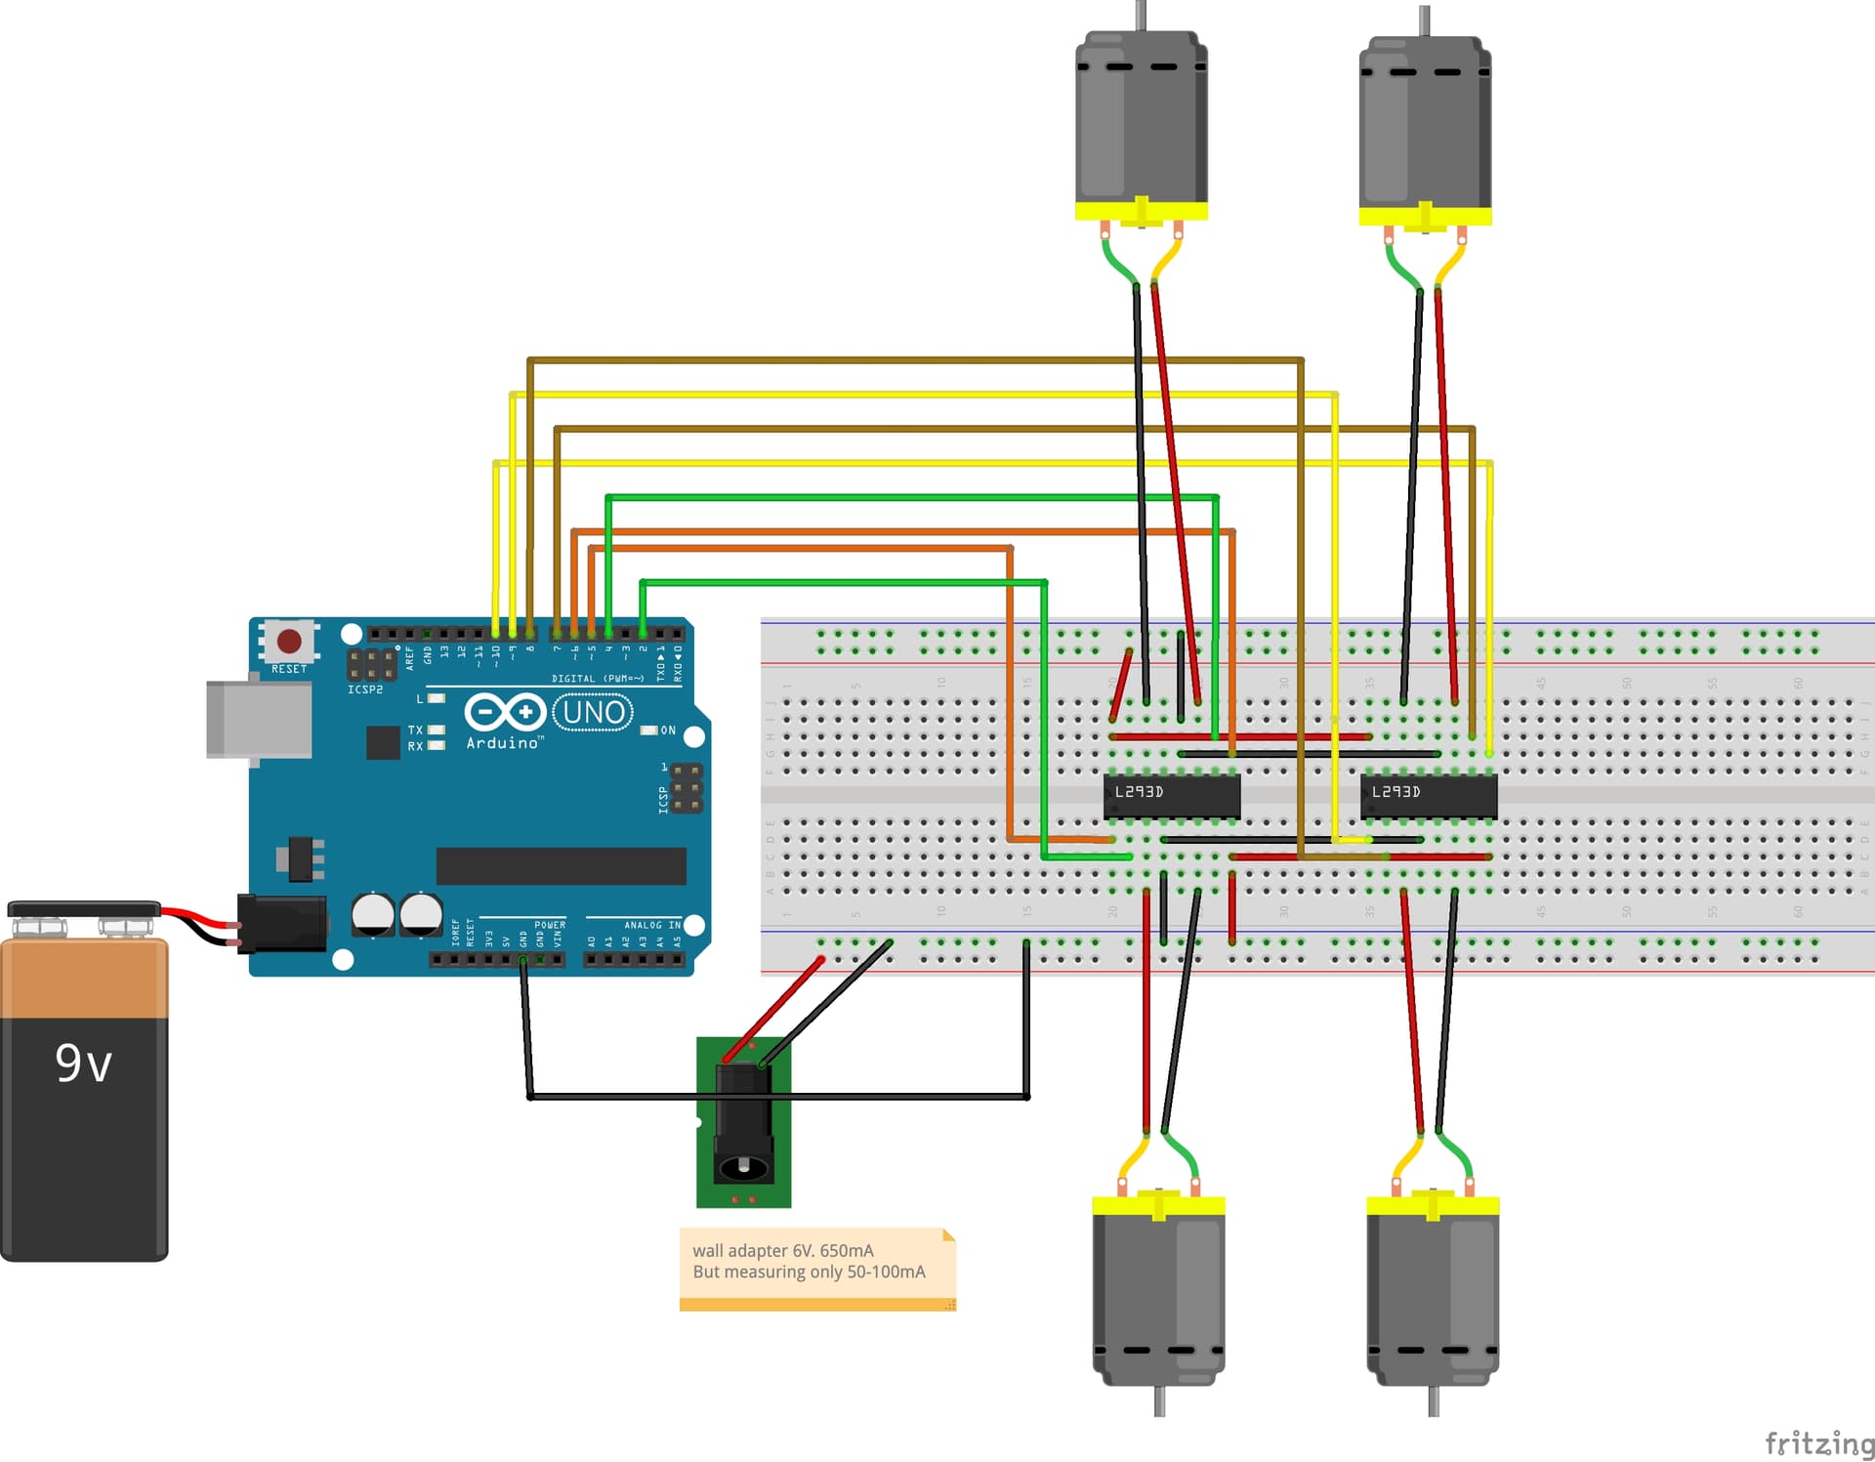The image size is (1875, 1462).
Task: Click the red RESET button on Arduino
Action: click(x=289, y=641)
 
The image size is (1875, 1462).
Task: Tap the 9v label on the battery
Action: click(x=83, y=1063)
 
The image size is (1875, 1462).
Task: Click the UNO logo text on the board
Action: click(x=593, y=712)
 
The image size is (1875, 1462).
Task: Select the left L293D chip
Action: click(x=1171, y=795)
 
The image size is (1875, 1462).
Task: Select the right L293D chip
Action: click(x=1428, y=795)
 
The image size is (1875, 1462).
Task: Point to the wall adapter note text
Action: click(x=809, y=1261)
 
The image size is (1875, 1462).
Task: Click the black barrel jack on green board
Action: click(x=743, y=1123)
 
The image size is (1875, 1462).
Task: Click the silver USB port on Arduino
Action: click(x=259, y=720)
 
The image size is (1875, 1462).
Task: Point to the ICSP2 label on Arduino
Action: click(x=365, y=689)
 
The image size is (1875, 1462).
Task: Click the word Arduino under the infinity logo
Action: click(x=502, y=743)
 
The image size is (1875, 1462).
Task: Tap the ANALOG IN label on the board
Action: click(x=652, y=925)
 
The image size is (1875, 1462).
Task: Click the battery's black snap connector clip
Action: click(x=84, y=909)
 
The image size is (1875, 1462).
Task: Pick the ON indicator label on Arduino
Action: click(x=668, y=731)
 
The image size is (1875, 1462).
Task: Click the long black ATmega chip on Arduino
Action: click(x=561, y=865)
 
